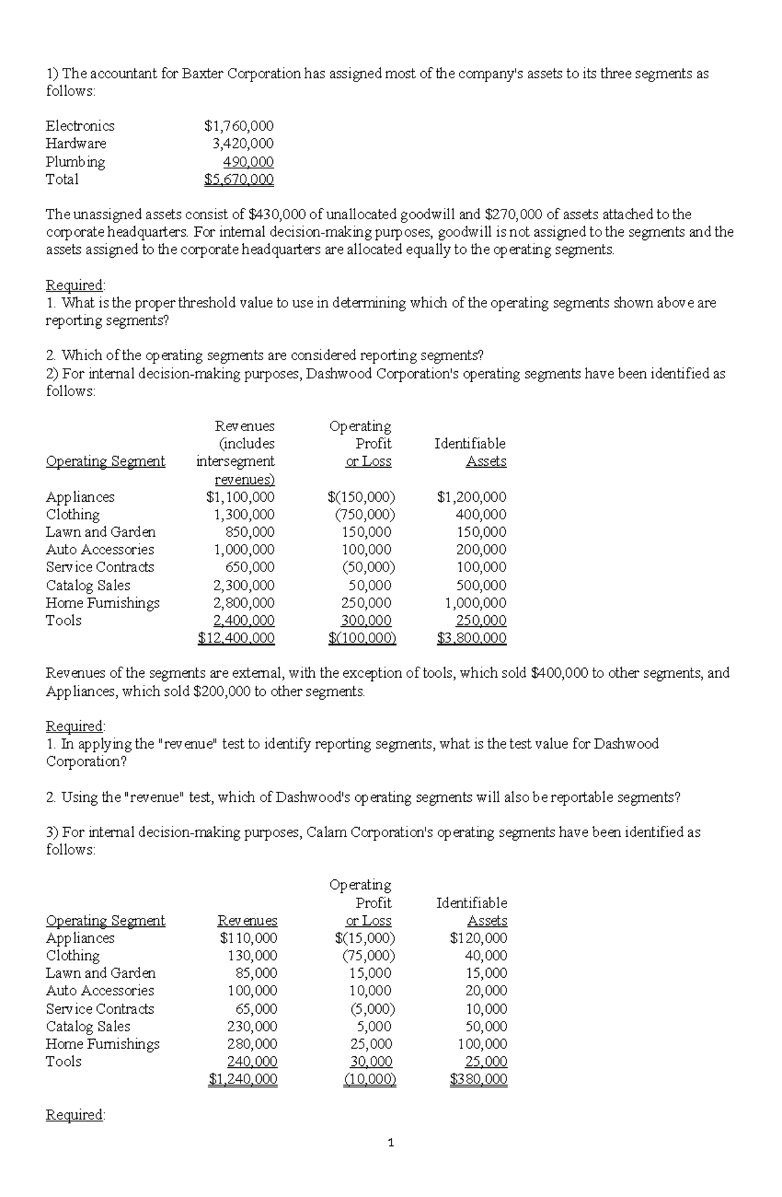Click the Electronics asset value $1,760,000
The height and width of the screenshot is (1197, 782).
[239, 126]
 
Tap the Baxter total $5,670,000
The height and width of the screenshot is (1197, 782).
[239, 179]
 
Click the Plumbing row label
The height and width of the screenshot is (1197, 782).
[75, 162]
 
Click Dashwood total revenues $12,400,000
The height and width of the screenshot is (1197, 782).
[236, 638]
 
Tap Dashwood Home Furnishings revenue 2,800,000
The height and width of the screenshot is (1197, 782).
[244, 603]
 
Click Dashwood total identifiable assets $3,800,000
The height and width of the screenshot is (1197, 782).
[471, 638]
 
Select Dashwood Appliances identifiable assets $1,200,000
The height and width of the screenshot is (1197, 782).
[471, 497]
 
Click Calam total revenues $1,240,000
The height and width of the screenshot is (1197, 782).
[242, 1080]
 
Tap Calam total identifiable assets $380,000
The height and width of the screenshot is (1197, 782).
[478, 1080]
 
